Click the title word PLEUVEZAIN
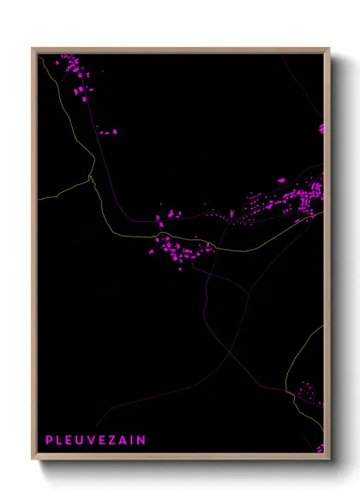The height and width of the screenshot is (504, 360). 95,440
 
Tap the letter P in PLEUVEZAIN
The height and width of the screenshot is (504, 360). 49,440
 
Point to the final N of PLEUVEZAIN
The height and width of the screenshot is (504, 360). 141,440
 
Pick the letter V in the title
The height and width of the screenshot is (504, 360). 93,440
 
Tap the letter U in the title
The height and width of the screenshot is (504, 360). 81,440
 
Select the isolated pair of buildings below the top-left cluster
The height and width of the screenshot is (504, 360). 107,132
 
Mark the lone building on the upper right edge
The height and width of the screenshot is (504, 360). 321,129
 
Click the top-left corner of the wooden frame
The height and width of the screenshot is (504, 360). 33,49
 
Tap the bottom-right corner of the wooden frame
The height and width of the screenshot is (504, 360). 329,459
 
